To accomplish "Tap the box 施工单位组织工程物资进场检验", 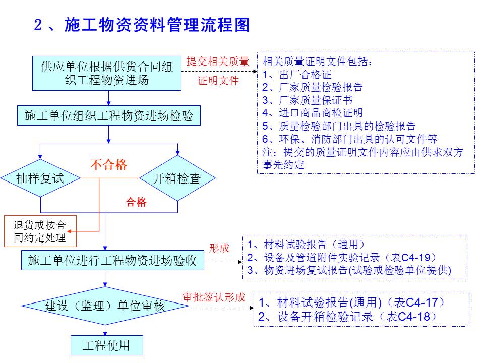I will pos(108,116).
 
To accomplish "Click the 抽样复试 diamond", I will pos(40,178).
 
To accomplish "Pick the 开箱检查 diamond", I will pos(177,178).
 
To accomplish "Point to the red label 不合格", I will pos(108,165).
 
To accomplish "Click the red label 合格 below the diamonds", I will pos(136,203).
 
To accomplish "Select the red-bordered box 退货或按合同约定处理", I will pos(39,231).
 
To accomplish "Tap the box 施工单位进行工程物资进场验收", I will pos(112,261).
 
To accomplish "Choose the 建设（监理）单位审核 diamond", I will pos(105,306).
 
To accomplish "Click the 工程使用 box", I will pos(106,345).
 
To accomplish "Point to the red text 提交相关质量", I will pos(218,62).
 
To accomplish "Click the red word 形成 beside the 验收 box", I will pos(219,248).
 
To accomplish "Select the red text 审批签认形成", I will pos(213,297).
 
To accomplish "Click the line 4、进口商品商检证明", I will pos(313,113).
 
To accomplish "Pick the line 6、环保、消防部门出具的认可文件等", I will pos(349,139).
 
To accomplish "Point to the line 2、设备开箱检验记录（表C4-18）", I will pos(347,317).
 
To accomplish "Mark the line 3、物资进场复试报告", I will pos(349,270).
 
